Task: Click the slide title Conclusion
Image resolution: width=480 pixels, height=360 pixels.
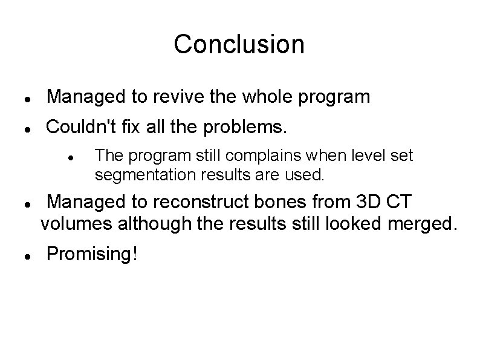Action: [239, 44]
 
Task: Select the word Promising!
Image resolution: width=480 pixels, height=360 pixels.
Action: [92, 254]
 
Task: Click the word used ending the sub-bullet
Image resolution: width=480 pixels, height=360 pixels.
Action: [311, 175]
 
